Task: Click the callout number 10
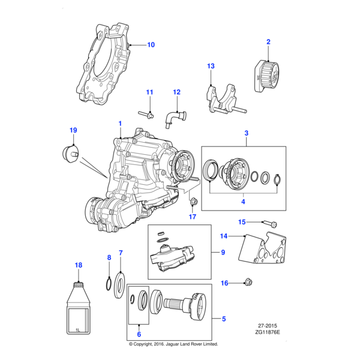[151, 44]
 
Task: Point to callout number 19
[73, 130]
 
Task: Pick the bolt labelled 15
[268, 223]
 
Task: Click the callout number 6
[139, 334]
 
